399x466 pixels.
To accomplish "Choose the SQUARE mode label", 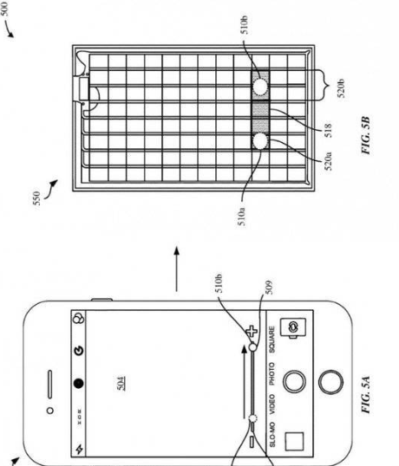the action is (x=271, y=342).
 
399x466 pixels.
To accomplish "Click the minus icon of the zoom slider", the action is (x=252, y=443).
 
